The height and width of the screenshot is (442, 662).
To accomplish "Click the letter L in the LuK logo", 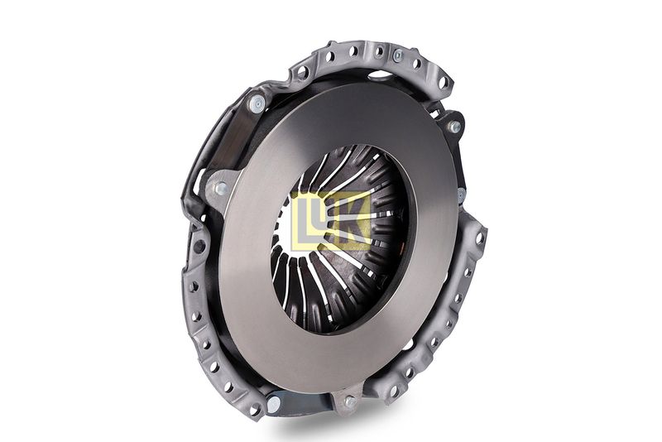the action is (x=302, y=221).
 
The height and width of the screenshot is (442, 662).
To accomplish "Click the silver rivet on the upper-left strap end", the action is (x=256, y=103).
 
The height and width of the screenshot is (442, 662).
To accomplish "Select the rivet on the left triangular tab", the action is (x=220, y=188).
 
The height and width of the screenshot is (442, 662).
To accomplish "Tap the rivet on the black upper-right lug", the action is (x=453, y=126).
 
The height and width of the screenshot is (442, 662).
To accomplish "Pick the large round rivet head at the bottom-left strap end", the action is (x=273, y=404).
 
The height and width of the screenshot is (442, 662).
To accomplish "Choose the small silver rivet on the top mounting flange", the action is (x=397, y=55).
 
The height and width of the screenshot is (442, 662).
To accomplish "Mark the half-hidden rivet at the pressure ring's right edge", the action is (x=462, y=195).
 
